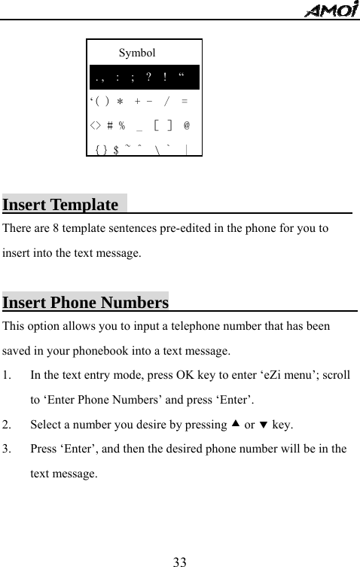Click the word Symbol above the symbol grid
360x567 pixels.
(138, 53)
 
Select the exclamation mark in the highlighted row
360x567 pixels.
(164, 77)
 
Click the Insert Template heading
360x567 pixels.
(60, 205)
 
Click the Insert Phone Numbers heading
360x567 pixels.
(85, 303)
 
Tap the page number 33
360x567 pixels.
(179, 561)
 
